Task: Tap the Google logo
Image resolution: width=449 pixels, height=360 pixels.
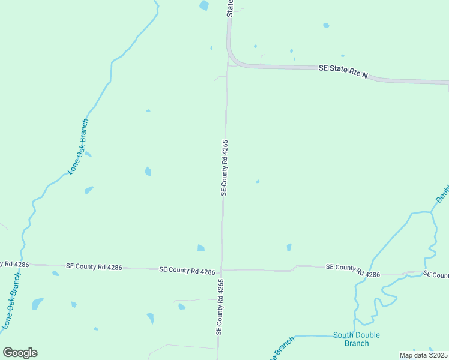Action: click(x=20, y=353)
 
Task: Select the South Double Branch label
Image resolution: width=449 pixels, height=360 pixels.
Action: click(x=357, y=339)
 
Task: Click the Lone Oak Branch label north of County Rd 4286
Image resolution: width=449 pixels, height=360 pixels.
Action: click(x=79, y=146)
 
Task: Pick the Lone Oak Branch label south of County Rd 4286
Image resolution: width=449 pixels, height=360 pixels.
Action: click(x=12, y=302)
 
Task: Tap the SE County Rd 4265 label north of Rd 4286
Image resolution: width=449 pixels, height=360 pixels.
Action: click(x=224, y=167)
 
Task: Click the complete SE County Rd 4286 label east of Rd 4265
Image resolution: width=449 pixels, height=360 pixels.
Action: click(x=353, y=270)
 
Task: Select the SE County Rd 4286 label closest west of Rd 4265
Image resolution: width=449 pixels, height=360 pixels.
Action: click(x=187, y=271)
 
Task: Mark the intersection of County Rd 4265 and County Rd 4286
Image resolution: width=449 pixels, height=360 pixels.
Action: click(x=221, y=269)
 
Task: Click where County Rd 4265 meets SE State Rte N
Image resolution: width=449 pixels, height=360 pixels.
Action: click(x=228, y=62)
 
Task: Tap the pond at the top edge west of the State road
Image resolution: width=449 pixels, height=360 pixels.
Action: click(x=204, y=5)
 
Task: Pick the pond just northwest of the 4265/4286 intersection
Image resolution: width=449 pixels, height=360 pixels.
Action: click(x=201, y=248)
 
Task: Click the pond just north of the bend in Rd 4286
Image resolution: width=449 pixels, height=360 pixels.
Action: click(x=289, y=247)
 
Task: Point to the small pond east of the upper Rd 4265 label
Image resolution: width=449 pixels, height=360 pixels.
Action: click(x=258, y=181)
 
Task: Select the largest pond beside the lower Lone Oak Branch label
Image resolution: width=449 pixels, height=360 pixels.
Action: click(x=37, y=303)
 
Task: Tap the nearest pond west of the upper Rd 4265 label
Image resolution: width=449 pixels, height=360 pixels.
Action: click(x=148, y=172)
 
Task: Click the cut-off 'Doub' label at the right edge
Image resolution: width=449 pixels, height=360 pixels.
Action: click(x=442, y=193)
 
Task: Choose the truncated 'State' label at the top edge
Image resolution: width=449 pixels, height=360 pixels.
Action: click(x=230, y=8)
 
